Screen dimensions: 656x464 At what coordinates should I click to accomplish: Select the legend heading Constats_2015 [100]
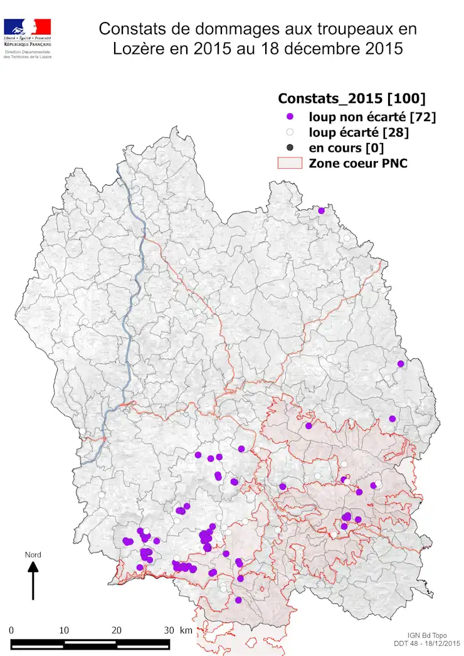click(x=352, y=98)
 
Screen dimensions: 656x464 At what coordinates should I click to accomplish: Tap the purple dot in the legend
click(x=290, y=117)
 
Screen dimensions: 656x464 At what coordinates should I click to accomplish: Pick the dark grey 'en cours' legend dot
click(x=290, y=148)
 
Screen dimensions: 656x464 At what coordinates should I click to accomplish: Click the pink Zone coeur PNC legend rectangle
click(x=290, y=164)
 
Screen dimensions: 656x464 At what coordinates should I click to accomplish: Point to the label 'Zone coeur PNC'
click(x=358, y=164)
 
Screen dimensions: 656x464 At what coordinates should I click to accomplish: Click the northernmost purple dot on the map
click(x=322, y=211)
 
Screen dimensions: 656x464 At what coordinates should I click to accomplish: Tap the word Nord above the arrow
click(x=33, y=554)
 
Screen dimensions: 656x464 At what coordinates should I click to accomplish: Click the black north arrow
click(x=33, y=580)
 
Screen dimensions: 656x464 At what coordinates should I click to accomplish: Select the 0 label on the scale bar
click(x=12, y=630)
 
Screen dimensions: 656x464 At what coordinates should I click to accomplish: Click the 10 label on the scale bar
click(x=64, y=630)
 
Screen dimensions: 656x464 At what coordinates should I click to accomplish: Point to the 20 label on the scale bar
click(x=117, y=630)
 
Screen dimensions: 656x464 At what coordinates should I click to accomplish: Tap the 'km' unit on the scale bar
click(x=187, y=630)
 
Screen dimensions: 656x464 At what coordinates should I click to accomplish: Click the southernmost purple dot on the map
click(x=238, y=600)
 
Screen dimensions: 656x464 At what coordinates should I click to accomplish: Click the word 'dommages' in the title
click(x=226, y=29)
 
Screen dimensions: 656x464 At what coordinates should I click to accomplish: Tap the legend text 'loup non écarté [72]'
click(x=372, y=117)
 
